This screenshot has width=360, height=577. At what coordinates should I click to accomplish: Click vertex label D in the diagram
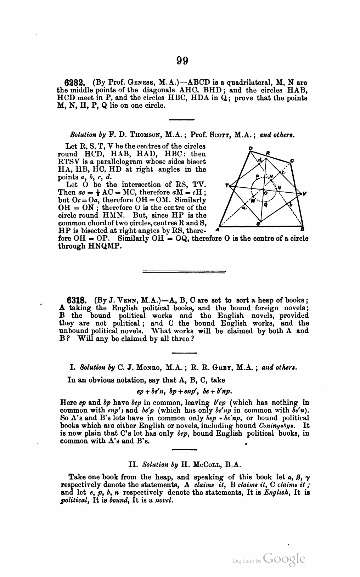click(251, 148)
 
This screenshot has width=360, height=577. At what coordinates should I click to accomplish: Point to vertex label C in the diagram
click(292, 160)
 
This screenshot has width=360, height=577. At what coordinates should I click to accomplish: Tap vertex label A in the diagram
click(216, 230)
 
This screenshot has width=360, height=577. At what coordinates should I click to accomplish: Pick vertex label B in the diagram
click(303, 230)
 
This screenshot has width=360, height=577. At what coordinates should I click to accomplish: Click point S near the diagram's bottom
click(258, 224)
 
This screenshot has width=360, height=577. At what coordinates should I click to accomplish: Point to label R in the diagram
click(268, 153)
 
